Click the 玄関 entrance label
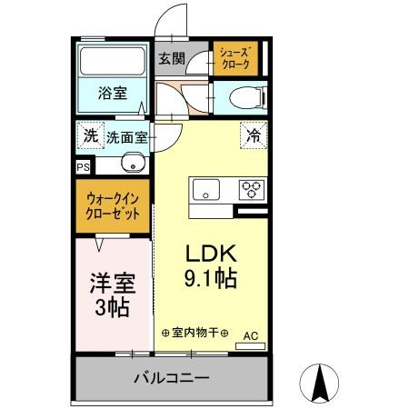click(x=172, y=60)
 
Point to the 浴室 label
click(x=113, y=92)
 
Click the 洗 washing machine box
click(x=90, y=136)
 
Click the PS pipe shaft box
click(x=83, y=167)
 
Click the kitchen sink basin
click(x=204, y=190)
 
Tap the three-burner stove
click(x=251, y=190)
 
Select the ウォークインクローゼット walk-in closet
click(x=114, y=205)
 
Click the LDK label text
click(x=213, y=254)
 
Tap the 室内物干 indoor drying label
click(x=194, y=334)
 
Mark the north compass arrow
click(x=320, y=382)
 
